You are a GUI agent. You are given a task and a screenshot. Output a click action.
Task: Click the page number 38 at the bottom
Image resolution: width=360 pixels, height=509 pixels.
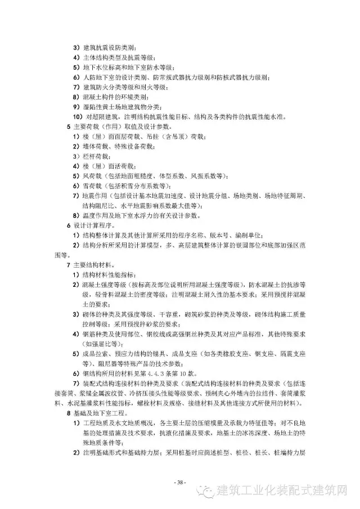pos(180,482)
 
